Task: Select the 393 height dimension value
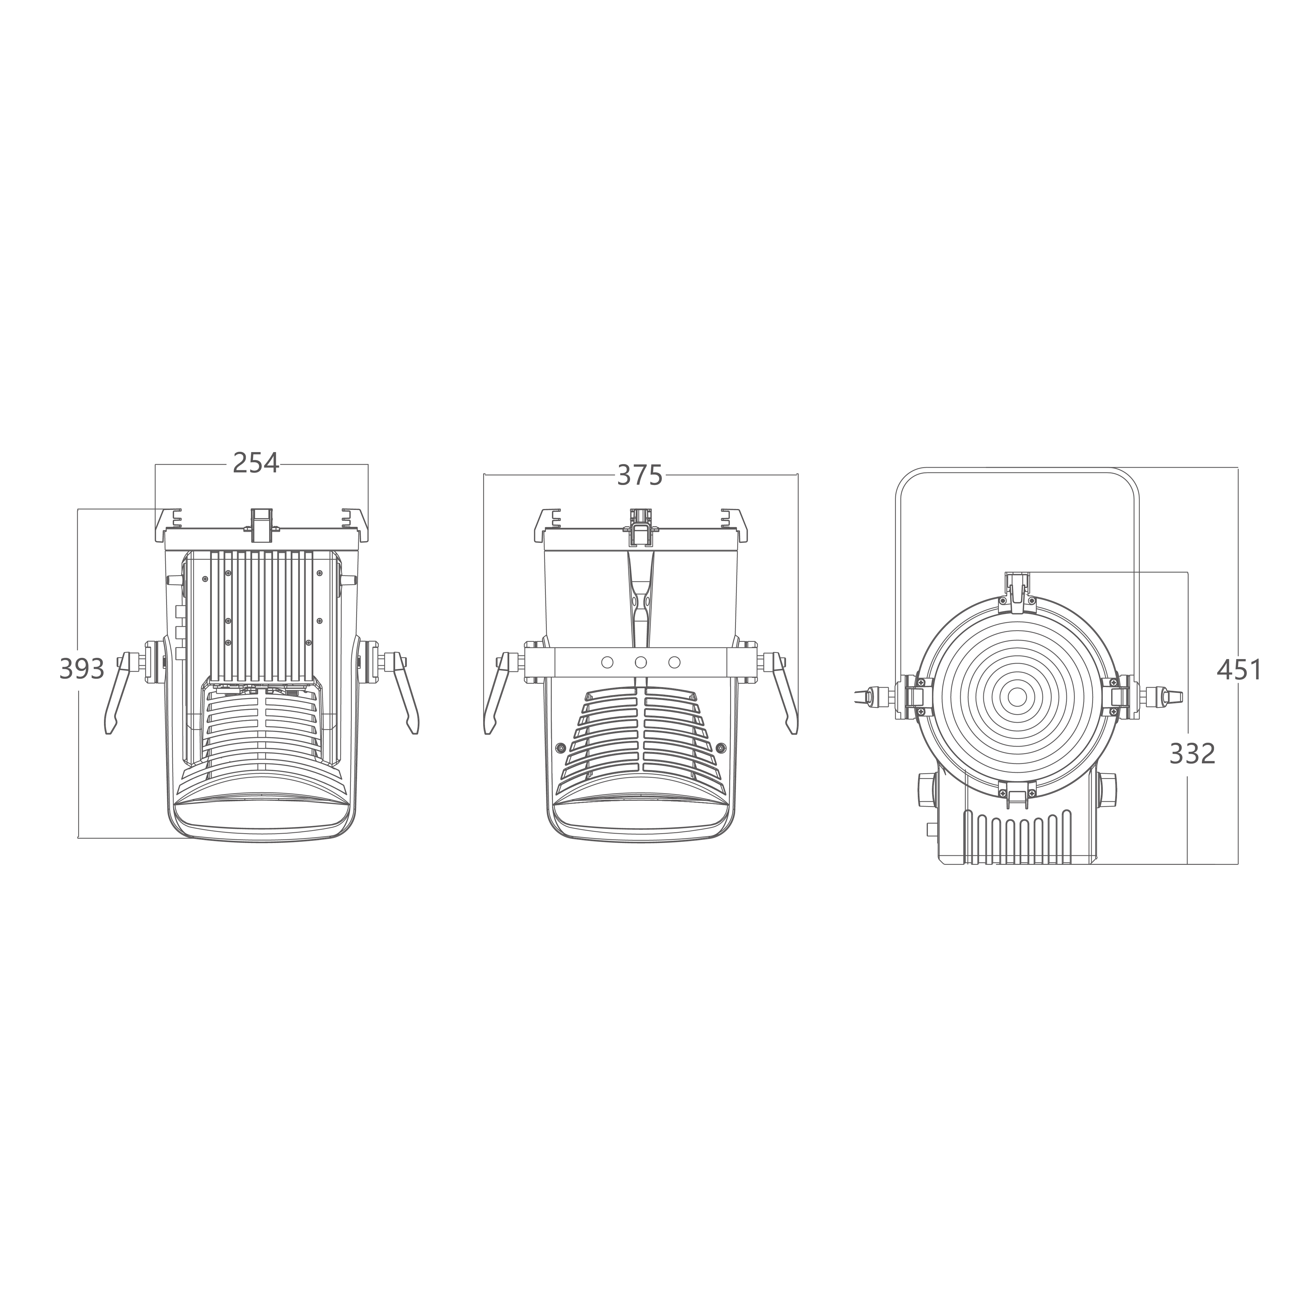tap(82, 669)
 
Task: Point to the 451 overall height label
tap(1239, 670)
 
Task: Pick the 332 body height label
tap(1192, 753)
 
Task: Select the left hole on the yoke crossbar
tap(607, 662)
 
